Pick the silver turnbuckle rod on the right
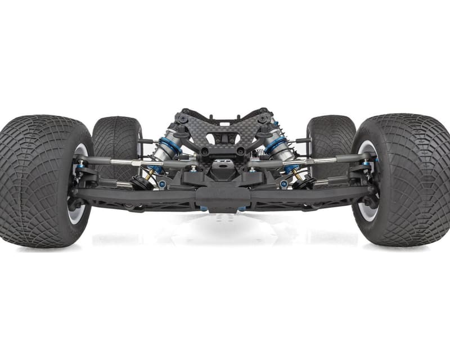click(x=323, y=163)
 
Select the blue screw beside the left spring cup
click(x=162, y=184)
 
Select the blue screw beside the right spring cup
click(x=285, y=184)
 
